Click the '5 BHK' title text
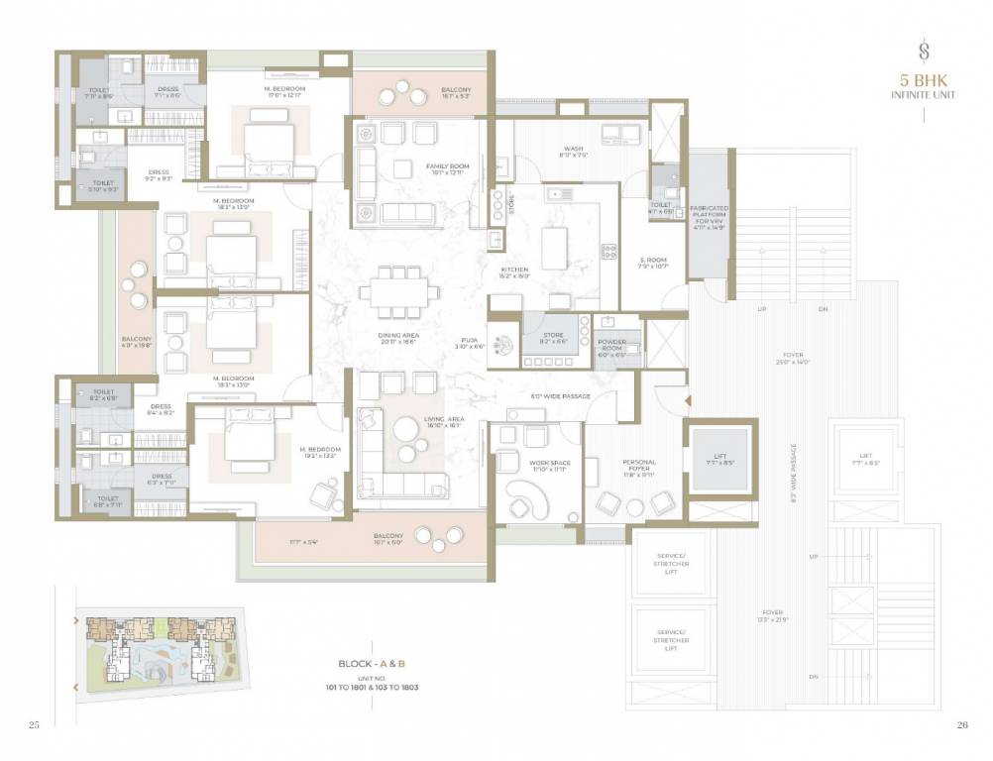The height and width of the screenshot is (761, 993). pos(923,82)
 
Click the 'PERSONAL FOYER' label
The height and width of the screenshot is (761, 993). pos(638,466)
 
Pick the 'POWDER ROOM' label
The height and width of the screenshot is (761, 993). pos(612,349)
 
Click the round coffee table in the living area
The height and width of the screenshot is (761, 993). pos(407,429)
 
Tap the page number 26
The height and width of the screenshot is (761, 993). pos(961,726)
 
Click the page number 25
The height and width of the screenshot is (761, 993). pos(35,726)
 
